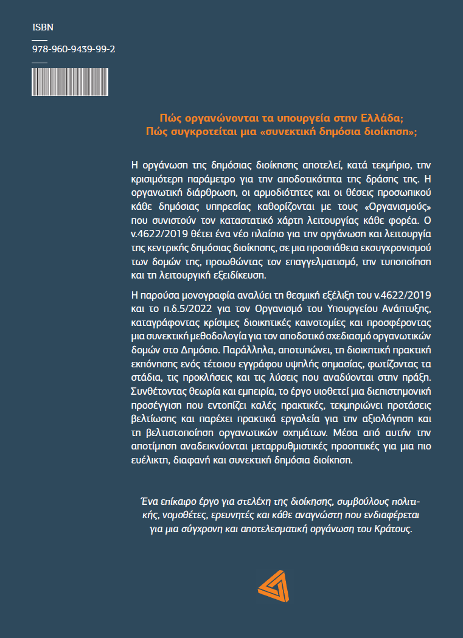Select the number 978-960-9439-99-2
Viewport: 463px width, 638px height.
click(x=74, y=51)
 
